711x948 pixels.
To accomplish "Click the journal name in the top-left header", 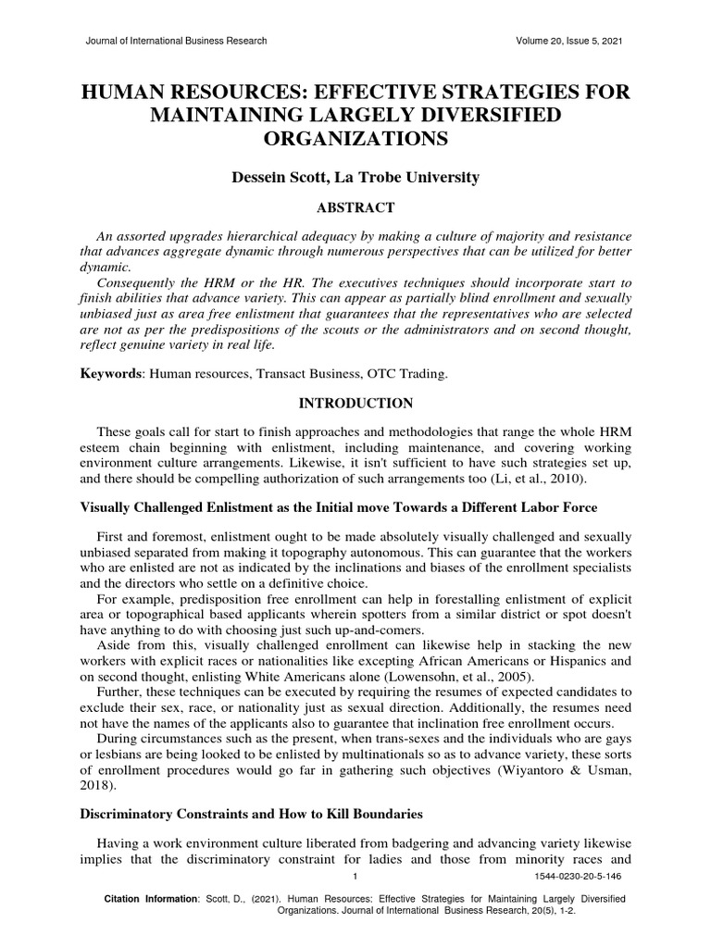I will click(x=176, y=41).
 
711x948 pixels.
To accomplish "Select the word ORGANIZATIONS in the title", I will click(x=355, y=139).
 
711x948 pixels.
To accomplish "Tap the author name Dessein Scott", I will click(x=282, y=178).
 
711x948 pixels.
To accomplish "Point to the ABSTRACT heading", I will click(x=355, y=207).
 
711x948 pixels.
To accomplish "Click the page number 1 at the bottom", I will click(x=355, y=876).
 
